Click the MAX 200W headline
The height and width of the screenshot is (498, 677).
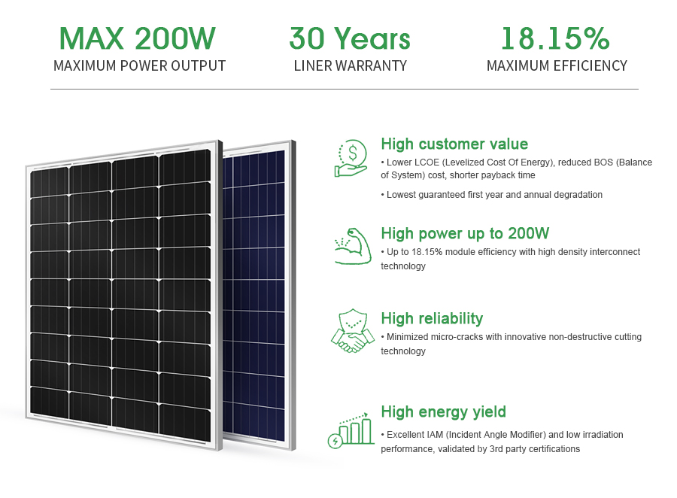[138, 38]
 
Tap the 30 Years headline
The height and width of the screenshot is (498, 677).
[350, 38]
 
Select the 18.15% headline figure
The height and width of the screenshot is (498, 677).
[555, 38]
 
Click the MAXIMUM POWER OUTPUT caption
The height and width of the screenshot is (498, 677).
[139, 65]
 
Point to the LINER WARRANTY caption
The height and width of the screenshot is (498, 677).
[350, 65]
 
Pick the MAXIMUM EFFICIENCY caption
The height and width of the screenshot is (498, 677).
[557, 65]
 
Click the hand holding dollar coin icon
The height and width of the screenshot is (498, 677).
[351, 158]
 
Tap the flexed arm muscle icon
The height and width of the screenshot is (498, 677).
[354, 246]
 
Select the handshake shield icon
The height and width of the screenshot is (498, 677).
[353, 331]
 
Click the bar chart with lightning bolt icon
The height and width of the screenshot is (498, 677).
[351, 430]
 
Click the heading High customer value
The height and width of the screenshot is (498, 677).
[454, 144]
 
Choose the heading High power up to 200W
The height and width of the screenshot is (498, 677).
[465, 234]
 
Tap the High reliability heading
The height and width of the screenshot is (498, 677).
[432, 319]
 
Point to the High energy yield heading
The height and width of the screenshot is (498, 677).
[443, 412]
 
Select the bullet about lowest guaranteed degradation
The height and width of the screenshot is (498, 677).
[492, 195]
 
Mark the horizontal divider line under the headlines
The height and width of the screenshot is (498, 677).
[344, 90]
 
